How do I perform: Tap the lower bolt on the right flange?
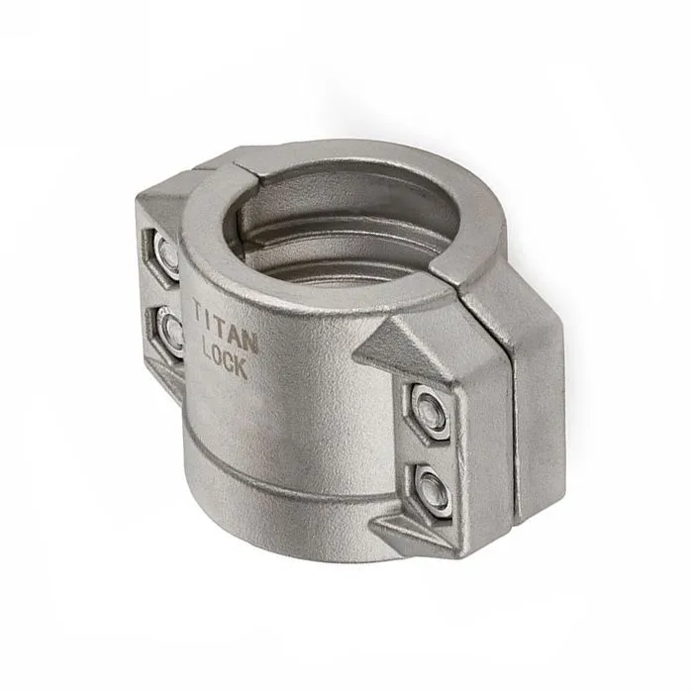click(433, 488)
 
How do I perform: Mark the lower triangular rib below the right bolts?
click(411, 535)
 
